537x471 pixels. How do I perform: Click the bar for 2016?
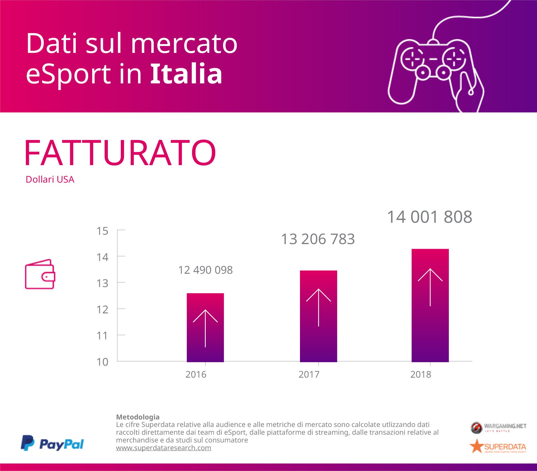205,327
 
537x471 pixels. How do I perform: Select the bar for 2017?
319,316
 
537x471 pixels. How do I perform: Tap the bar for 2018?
430,305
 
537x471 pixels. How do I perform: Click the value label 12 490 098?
205,270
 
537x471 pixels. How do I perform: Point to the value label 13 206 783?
318,239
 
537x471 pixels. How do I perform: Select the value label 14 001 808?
429,217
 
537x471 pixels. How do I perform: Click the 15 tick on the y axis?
102,231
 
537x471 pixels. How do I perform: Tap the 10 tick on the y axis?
102,362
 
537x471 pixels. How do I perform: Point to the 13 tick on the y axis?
102,283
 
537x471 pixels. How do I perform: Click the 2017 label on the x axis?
309,375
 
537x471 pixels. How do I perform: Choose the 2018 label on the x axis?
421,375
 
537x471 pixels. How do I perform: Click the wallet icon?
40,274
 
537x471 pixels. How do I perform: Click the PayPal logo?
52,443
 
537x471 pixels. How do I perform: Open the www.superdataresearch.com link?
164,448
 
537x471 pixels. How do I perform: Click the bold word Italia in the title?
186,74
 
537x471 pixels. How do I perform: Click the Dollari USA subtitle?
50,180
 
